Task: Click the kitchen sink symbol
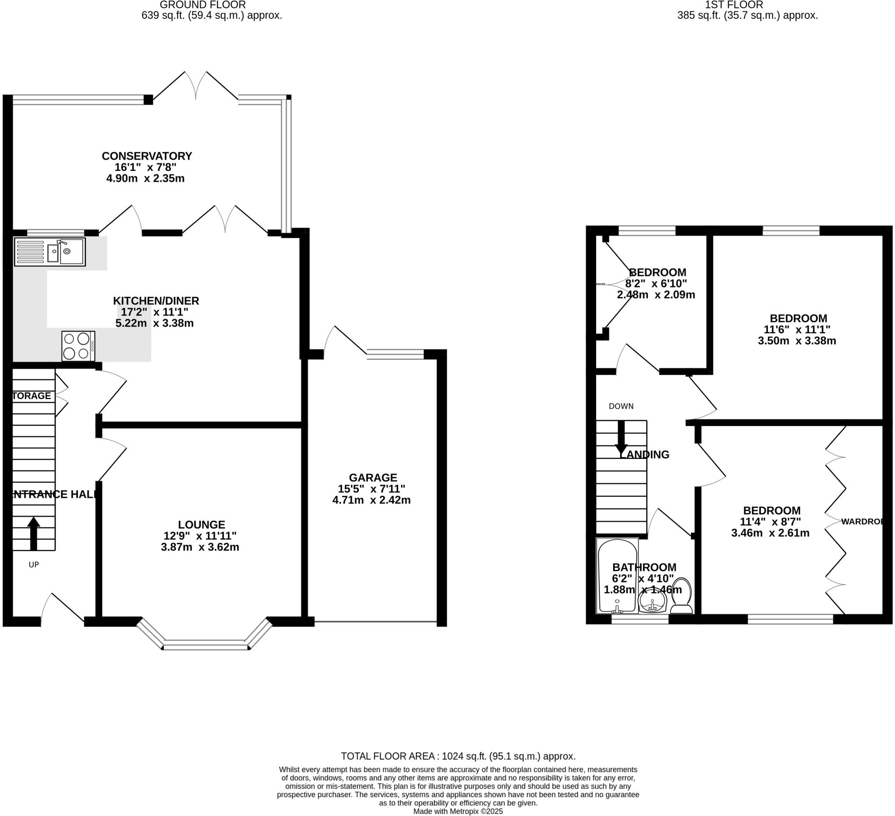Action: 50,252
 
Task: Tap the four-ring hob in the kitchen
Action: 78,346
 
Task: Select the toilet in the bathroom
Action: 681,596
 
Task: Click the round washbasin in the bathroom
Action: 652,603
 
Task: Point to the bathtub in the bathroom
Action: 617,576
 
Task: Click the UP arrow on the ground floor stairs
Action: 34,533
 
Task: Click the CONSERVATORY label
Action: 147,156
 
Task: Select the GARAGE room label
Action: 373,478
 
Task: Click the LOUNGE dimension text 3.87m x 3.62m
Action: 200,547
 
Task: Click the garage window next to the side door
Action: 395,354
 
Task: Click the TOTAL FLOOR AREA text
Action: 458,757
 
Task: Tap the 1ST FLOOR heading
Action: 747,5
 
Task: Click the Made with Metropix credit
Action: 458,812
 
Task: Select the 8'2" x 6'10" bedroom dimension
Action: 656,284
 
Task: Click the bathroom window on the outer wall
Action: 640,620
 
